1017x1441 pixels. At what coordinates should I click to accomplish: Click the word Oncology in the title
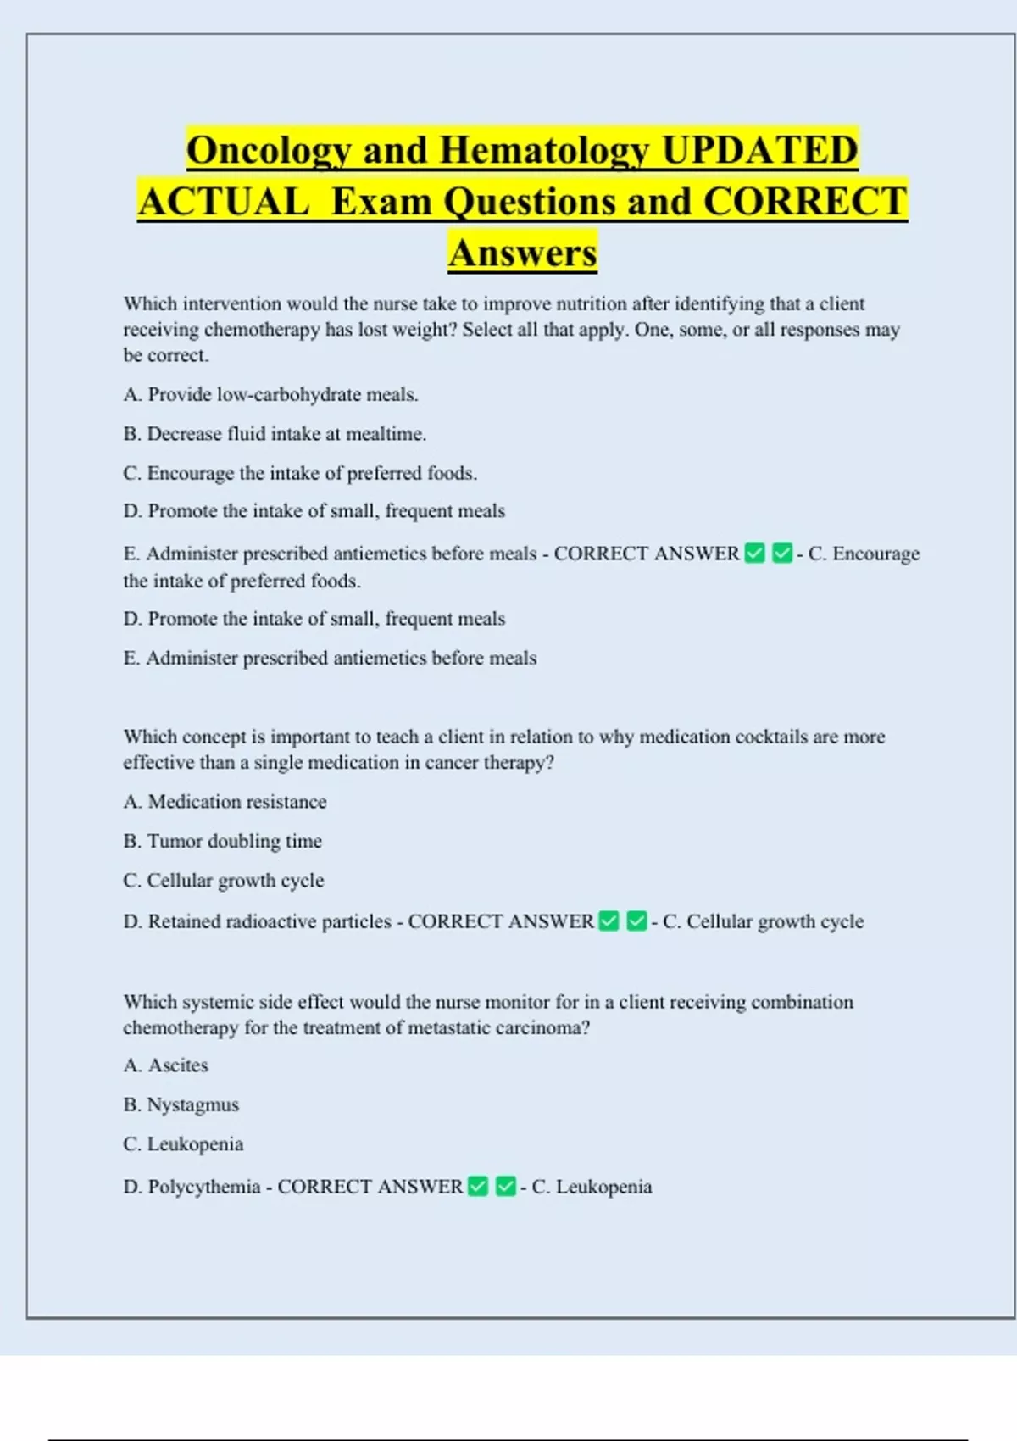point(268,151)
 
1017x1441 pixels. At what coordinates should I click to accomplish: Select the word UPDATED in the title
point(759,151)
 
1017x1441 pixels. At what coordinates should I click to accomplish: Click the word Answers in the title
point(523,253)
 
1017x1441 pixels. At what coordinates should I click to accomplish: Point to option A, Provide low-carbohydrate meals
point(270,394)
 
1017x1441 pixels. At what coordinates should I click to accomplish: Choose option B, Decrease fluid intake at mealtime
point(275,434)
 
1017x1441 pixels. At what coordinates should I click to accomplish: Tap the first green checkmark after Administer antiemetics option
point(754,554)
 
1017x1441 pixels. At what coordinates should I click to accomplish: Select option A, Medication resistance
point(225,802)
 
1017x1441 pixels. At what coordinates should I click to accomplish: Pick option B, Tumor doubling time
point(222,841)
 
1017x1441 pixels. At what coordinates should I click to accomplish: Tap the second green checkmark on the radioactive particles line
point(636,921)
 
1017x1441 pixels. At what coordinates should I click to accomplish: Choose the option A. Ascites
point(165,1065)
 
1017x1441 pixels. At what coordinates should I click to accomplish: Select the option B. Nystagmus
point(181,1105)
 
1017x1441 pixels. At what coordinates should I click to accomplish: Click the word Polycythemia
point(203,1187)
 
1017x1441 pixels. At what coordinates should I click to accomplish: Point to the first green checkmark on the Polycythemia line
point(478,1187)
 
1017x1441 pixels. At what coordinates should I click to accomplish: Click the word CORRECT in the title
point(805,202)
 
